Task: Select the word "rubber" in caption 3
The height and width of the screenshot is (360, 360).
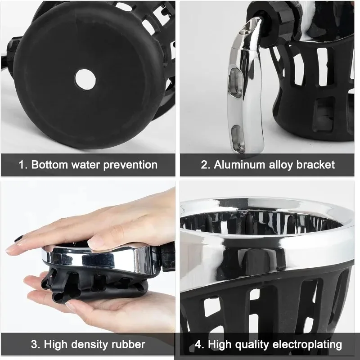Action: [128, 345]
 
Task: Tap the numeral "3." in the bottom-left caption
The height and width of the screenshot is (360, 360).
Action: [36, 345]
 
